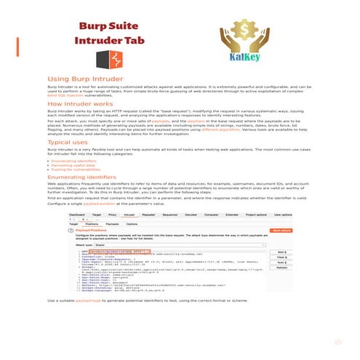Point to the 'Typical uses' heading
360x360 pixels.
point(68,143)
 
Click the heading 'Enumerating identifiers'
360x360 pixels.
point(85,177)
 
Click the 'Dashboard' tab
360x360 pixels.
point(81,216)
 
